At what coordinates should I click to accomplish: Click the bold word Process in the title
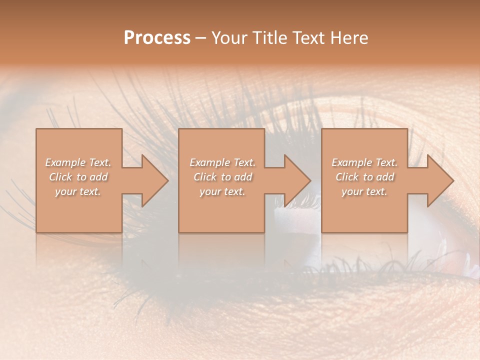(x=157, y=38)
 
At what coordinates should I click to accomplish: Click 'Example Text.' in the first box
(x=78, y=162)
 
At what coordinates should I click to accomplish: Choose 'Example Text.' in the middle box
(x=222, y=162)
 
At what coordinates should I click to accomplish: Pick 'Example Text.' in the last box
(x=364, y=162)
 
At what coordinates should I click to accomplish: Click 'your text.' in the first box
(x=78, y=191)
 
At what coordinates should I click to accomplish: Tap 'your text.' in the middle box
(x=222, y=191)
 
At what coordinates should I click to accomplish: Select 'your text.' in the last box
(x=364, y=191)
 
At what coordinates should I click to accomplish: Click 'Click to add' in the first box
(x=78, y=177)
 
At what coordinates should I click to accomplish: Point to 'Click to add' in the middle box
(x=222, y=177)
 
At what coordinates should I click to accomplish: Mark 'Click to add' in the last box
(x=364, y=177)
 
